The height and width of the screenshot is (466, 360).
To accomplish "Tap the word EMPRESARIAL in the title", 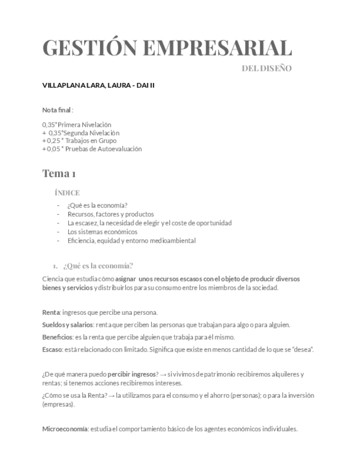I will coord(217,48).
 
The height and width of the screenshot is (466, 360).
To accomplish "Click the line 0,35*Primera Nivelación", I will coord(76,125).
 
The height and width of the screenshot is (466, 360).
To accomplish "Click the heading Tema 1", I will coord(59,174).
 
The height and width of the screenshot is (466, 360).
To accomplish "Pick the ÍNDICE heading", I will coord(67,193).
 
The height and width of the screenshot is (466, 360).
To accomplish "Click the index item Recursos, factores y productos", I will coord(110,214).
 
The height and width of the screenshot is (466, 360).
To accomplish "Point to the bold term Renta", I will coord(51,313).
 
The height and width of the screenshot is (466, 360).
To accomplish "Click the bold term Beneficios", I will coord(57,337).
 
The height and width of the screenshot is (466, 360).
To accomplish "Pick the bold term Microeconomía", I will coord(65,429).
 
